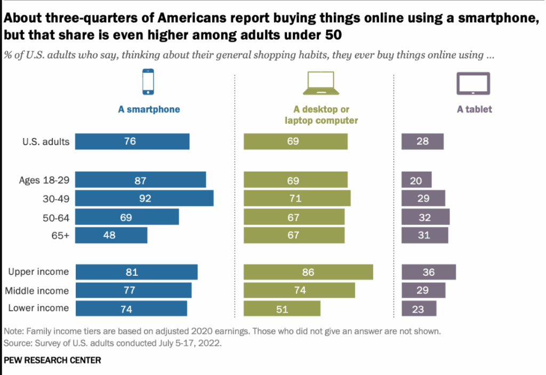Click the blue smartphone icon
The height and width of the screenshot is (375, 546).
(148, 82)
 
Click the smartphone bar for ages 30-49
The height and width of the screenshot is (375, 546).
(144, 198)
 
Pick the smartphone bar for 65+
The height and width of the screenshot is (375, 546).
(111, 235)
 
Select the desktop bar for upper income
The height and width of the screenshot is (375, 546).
(308, 272)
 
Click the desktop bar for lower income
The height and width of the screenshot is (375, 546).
(282, 308)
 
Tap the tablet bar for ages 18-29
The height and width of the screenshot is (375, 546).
(416, 180)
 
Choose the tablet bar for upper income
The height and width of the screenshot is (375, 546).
(429, 272)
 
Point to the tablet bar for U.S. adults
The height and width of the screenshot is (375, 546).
(422, 141)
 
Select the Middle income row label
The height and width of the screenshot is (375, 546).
(37, 291)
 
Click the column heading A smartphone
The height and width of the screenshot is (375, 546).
(149, 109)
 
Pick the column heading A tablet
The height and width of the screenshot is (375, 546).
(474, 109)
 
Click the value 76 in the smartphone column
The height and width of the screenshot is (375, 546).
(130, 141)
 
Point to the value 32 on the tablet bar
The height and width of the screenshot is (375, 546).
(424, 217)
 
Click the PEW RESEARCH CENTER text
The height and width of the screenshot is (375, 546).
(52, 360)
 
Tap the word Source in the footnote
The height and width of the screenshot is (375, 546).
(17, 343)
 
